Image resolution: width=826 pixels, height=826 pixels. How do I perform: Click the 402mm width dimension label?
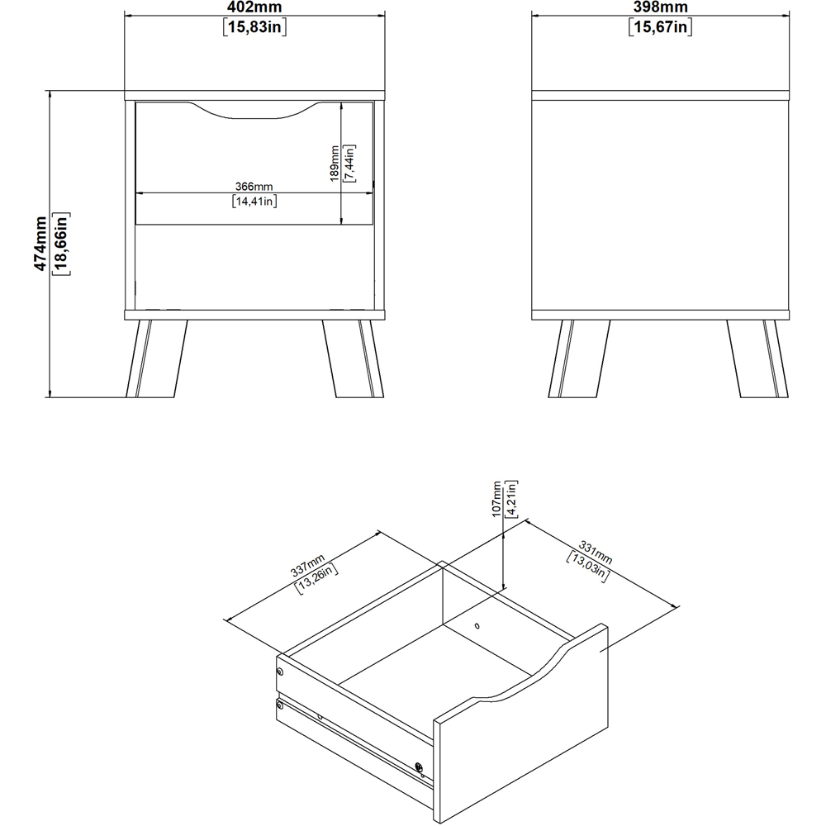[254, 7]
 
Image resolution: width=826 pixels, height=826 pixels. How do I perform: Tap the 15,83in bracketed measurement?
[254, 27]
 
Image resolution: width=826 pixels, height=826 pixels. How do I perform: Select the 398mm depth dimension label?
[660, 7]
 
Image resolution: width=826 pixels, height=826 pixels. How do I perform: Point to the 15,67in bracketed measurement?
[660, 27]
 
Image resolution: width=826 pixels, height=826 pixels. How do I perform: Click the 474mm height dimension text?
[40, 244]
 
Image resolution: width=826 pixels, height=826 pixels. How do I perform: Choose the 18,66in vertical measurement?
[60, 244]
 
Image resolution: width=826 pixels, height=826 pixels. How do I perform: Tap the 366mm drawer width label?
[254, 187]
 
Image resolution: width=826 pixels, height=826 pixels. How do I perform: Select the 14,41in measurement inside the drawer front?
[254, 201]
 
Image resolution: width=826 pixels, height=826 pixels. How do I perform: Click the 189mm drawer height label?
[335, 164]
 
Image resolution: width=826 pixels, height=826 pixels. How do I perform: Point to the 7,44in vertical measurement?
[349, 164]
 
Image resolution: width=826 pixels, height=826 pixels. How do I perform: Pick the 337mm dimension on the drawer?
[307, 566]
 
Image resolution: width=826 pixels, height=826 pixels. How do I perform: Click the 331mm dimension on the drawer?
[596, 552]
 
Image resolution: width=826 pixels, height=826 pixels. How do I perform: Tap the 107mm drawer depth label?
[496, 499]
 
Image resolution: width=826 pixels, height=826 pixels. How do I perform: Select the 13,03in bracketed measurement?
[588, 567]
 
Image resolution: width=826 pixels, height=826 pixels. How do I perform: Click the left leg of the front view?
[156, 358]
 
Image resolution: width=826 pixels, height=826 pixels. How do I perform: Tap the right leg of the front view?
[353, 358]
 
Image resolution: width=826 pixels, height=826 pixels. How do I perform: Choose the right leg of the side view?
[758, 358]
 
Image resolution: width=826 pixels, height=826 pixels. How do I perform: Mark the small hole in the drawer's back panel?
[477, 626]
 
